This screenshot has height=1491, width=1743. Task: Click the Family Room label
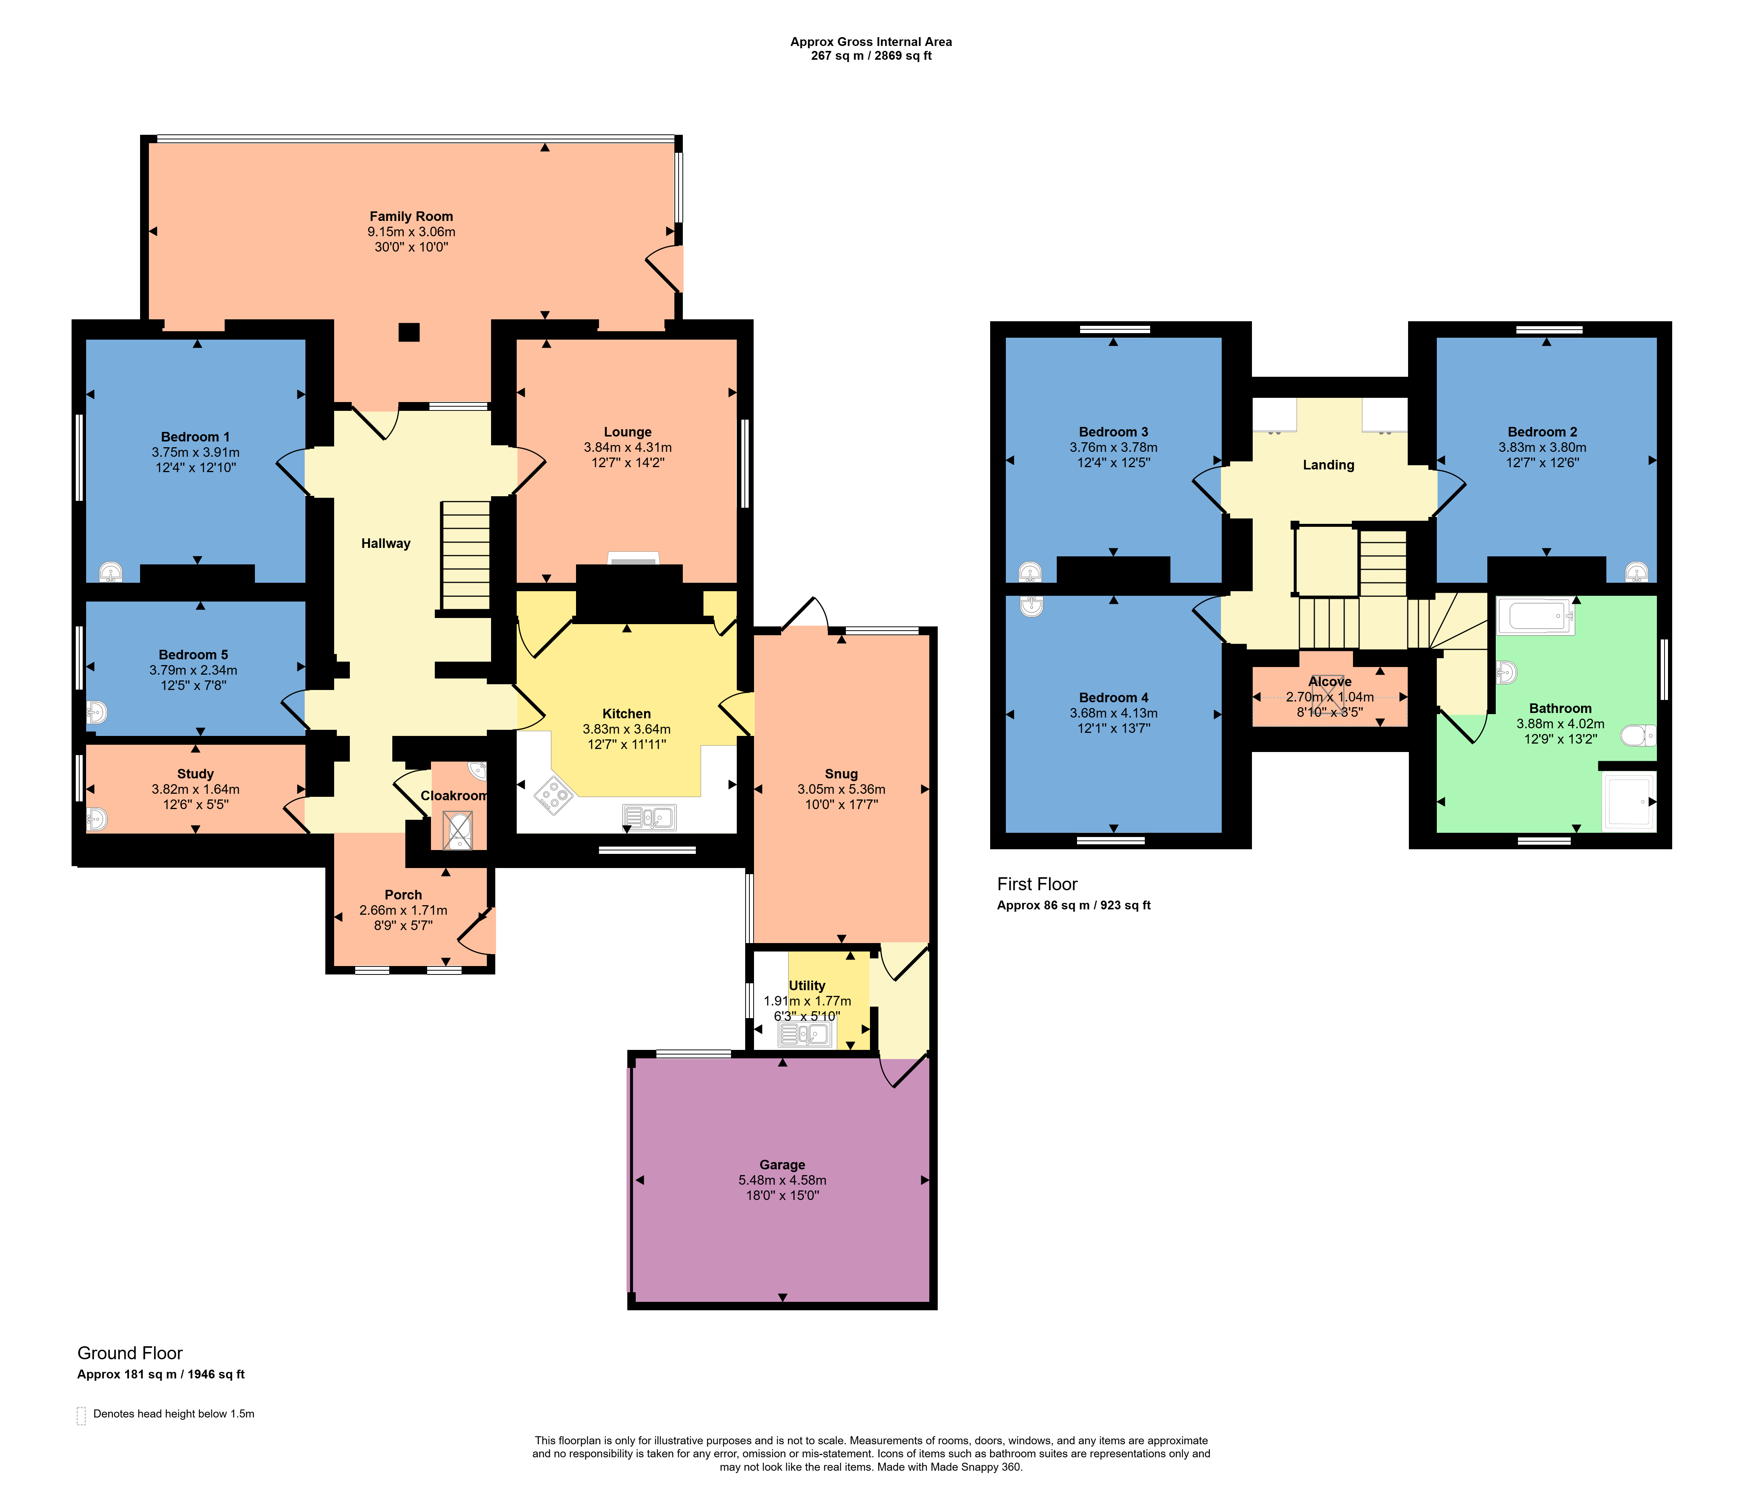coord(411,216)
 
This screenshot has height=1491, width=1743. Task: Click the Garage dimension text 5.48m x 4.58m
coord(782,1180)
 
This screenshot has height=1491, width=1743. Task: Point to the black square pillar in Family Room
coord(409,332)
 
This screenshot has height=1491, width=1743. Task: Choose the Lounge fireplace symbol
coord(633,559)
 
